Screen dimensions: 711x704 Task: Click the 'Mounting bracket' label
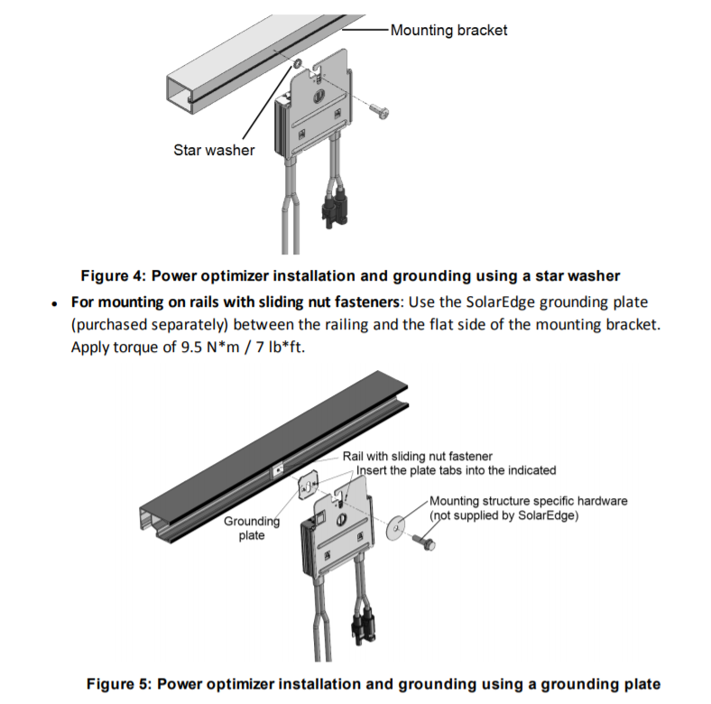448,30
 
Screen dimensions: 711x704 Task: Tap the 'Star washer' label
214,150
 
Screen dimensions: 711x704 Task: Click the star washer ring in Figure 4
298,63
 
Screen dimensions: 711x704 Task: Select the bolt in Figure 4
379,111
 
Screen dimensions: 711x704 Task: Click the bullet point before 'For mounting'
54,304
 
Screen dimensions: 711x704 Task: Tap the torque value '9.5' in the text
191,347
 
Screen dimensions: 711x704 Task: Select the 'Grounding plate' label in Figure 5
252,528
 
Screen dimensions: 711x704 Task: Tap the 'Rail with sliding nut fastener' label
417,456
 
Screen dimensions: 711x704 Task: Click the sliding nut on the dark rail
278,469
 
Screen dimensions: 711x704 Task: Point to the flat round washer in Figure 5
396,527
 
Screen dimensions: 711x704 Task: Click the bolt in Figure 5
424,542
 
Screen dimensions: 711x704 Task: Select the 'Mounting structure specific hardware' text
528,501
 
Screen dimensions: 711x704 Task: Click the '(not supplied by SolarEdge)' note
503,515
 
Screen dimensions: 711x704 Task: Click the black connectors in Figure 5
365,624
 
